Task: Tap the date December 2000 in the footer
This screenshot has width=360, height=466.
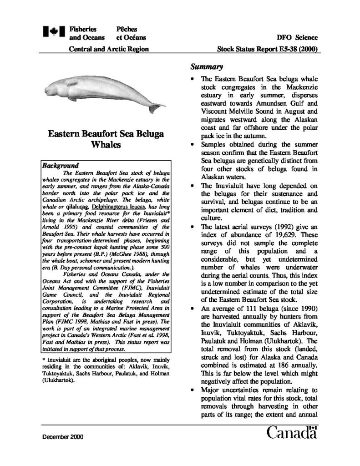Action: tap(63, 436)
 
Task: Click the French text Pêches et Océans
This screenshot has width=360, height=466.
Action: tap(127, 33)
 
